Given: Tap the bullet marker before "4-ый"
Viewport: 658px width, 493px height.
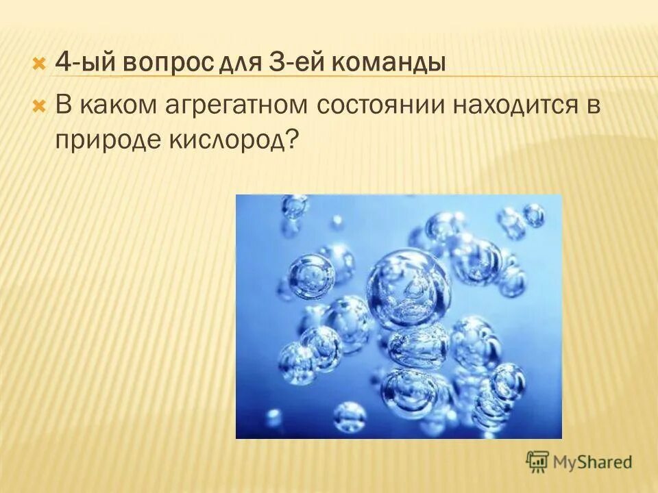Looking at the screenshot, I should [x=39, y=64].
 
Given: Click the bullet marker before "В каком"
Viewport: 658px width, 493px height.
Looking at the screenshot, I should [x=39, y=106].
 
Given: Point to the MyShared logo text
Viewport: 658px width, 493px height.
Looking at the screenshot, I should [x=593, y=462].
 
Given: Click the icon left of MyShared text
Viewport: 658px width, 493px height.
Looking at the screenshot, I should [x=538, y=461].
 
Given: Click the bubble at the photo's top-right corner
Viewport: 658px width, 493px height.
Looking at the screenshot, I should [x=533, y=216].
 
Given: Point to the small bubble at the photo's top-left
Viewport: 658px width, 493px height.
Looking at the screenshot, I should [x=295, y=206].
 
